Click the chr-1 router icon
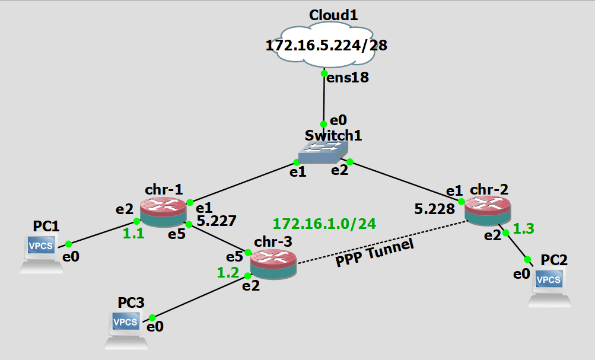click(x=163, y=212)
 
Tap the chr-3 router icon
click(x=273, y=264)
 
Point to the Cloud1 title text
click(x=333, y=15)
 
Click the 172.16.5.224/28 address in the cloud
click(x=326, y=45)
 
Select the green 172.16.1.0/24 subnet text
click(x=324, y=224)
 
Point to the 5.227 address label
click(x=217, y=221)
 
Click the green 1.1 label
click(x=133, y=234)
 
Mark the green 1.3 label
click(x=524, y=228)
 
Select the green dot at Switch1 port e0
click(x=323, y=125)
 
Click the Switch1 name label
click(x=333, y=135)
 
